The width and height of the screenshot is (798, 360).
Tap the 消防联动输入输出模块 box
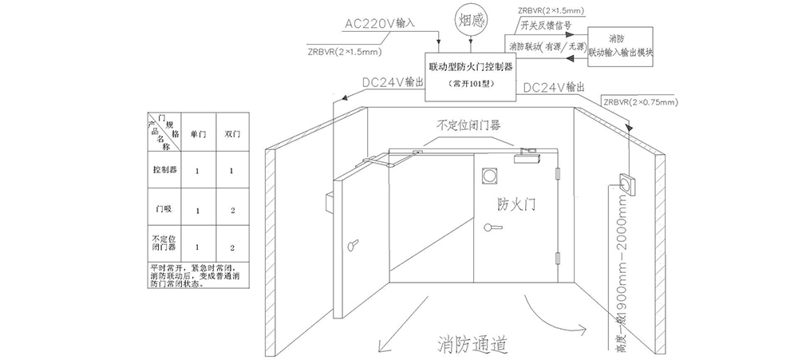(620, 45)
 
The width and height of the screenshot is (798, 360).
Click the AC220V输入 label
(380, 23)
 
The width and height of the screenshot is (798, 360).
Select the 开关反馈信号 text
(544, 25)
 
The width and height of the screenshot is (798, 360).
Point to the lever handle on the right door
(495, 228)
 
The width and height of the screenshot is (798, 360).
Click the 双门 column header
(231, 134)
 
